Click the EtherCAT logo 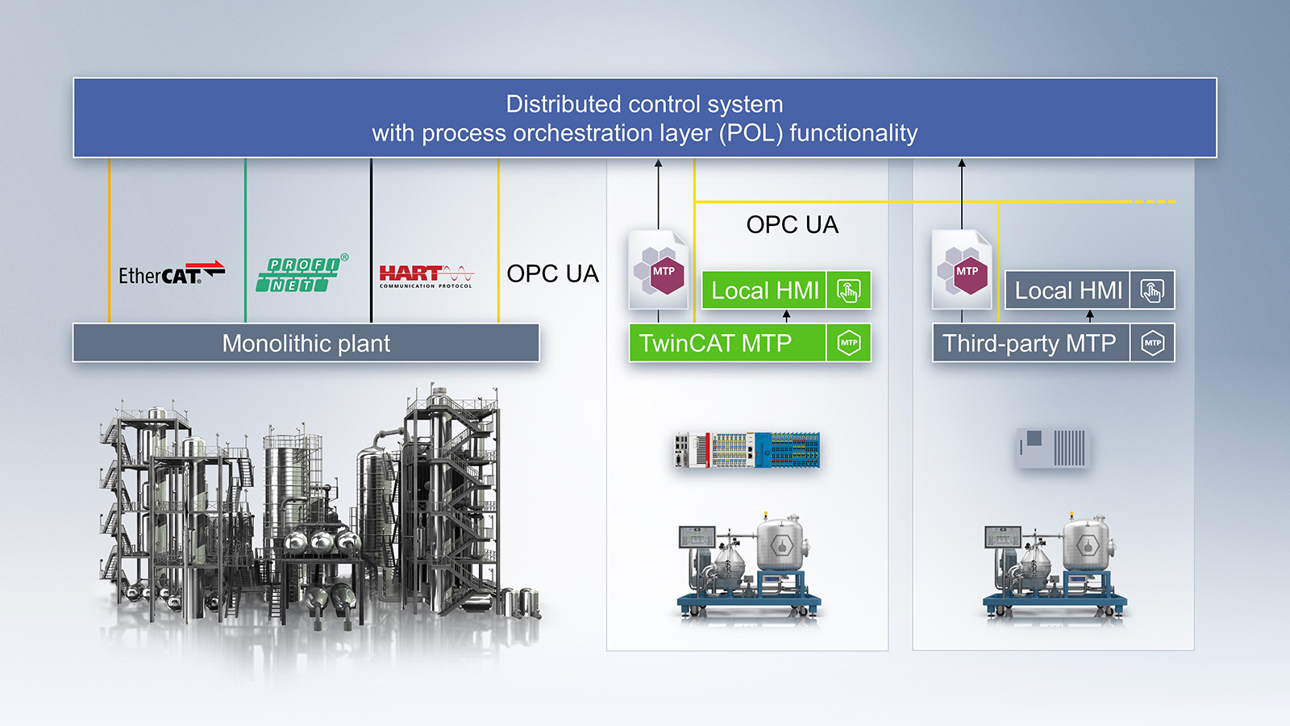[171, 274]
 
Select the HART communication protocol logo [426, 276]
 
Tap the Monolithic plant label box [306, 344]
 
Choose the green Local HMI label [764, 290]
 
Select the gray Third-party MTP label [1030, 344]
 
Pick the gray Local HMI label [1067, 290]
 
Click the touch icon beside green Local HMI [849, 290]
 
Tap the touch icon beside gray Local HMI [1152, 290]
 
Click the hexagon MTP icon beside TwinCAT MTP [849, 344]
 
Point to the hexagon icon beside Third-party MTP [1152, 344]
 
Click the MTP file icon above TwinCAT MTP [659, 269]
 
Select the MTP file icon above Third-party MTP [962, 269]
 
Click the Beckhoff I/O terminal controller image [747, 449]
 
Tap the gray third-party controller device [1052, 448]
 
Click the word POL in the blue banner [753, 133]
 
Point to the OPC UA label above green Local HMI [792, 225]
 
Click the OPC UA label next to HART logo [552, 274]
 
